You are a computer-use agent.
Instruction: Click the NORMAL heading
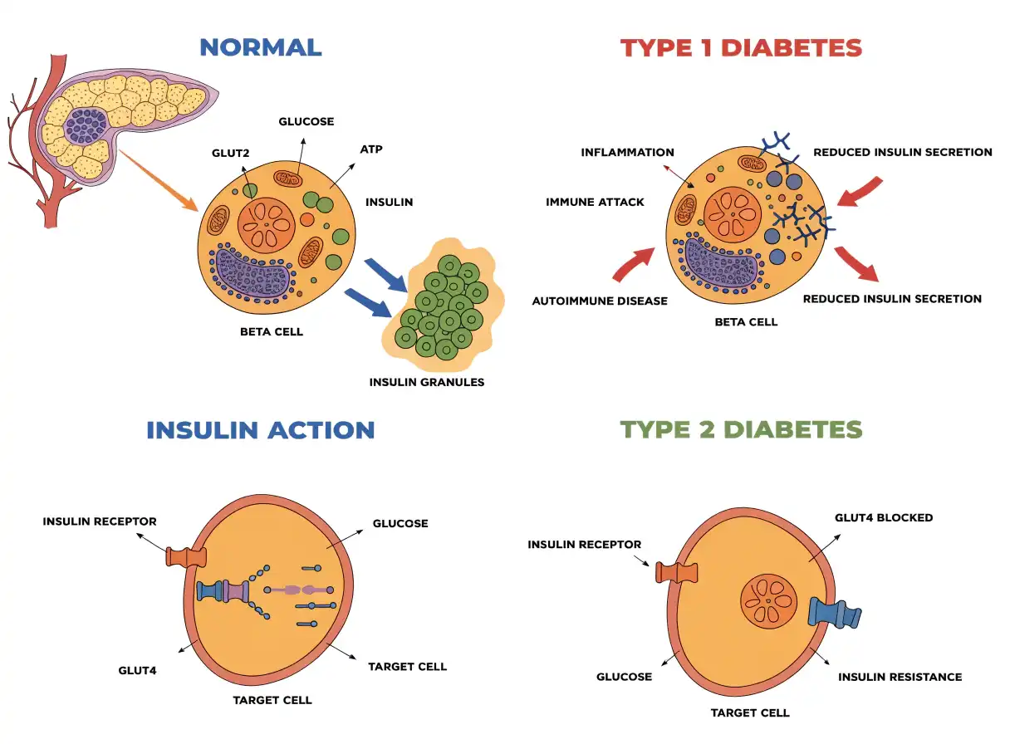(x=261, y=47)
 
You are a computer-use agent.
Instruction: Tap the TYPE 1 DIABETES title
(x=741, y=48)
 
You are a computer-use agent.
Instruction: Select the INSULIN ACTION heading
(x=261, y=430)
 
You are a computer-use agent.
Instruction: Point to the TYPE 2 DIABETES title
(x=741, y=429)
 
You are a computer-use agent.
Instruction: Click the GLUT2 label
(x=230, y=154)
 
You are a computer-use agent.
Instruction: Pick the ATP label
(x=371, y=149)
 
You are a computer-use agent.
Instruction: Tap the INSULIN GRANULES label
(x=427, y=382)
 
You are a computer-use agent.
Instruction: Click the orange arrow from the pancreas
(x=159, y=180)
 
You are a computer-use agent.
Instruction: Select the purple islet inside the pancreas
(x=86, y=126)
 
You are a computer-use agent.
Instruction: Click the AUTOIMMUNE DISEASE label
(x=600, y=301)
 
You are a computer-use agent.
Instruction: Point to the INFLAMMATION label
(x=627, y=152)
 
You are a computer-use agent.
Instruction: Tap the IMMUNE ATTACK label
(x=595, y=202)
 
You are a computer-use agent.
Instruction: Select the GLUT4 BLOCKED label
(x=884, y=518)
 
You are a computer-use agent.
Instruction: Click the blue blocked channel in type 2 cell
(x=834, y=613)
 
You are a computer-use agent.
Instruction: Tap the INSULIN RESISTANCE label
(x=900, y=677)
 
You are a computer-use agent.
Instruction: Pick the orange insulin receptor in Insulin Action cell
(x=186, y=557)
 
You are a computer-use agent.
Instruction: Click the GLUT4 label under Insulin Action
(x=137, y=671)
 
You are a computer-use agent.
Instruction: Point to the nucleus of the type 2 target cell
(x=768, y=601)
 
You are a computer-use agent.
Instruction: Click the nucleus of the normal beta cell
(x=266, y=225)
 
